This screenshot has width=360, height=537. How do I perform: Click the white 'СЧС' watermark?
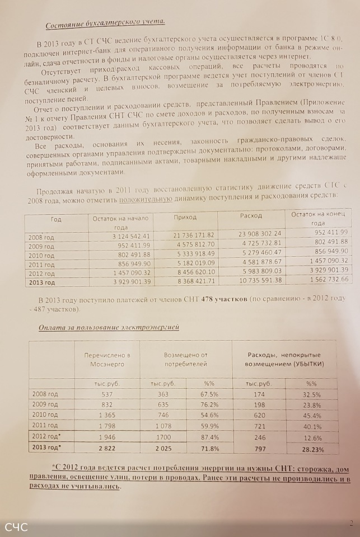(16, 527)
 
